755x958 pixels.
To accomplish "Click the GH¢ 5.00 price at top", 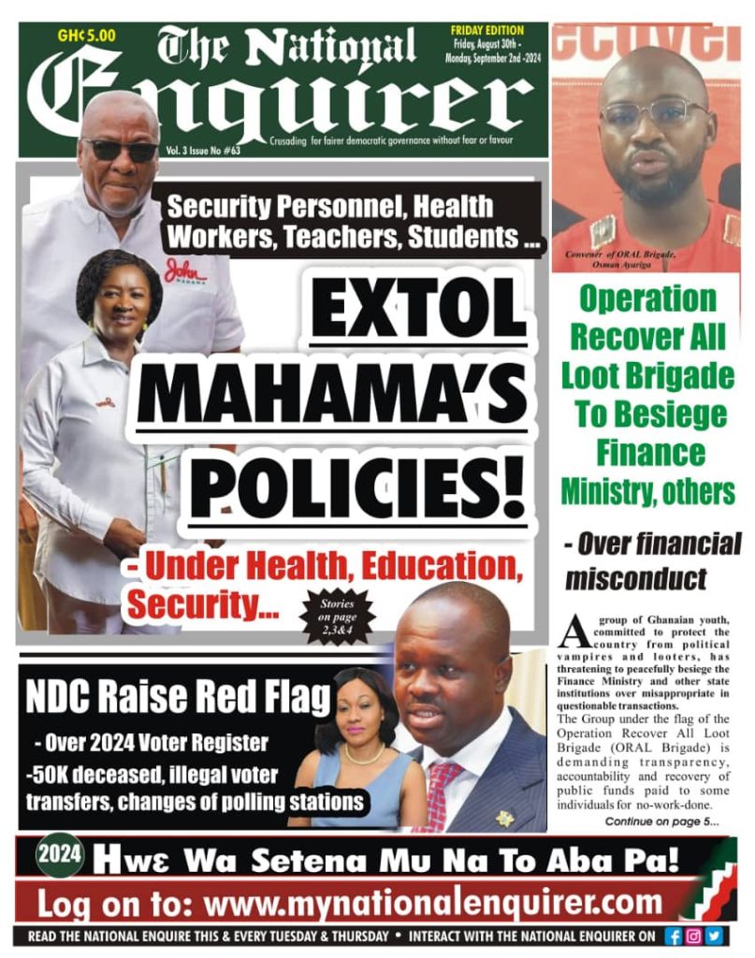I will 86,36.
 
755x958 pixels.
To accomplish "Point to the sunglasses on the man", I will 120,150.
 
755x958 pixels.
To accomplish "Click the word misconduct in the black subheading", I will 635,578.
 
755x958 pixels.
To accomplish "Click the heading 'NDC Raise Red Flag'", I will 179,699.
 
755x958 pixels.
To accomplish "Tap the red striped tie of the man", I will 443,791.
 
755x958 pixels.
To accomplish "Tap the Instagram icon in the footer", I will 694,936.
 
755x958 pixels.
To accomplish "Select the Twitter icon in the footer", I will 715,936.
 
